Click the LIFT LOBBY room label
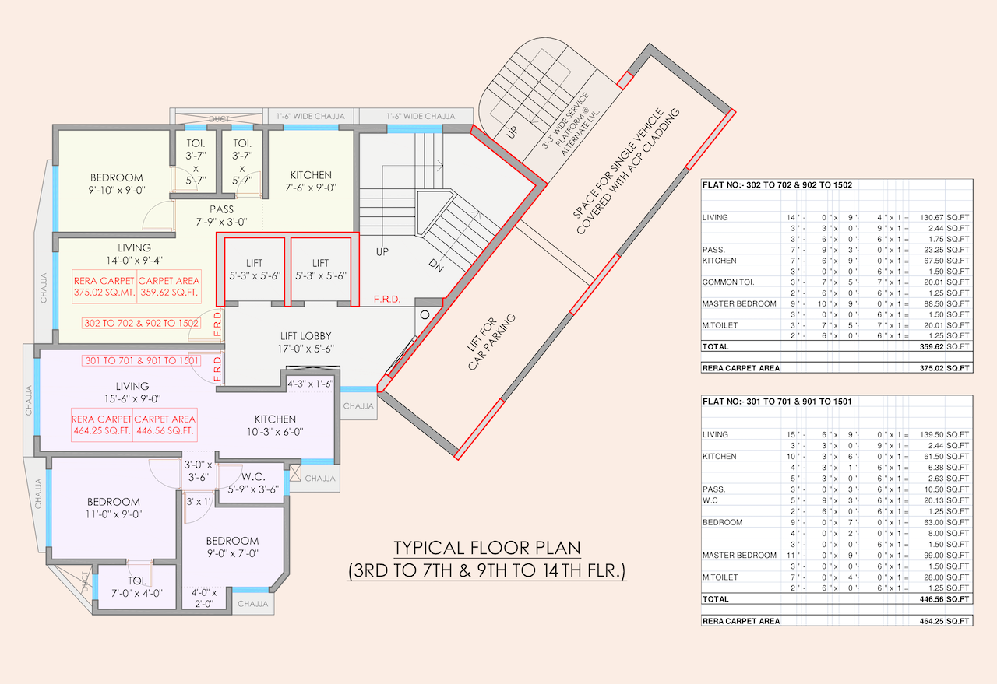(x=306, y=336)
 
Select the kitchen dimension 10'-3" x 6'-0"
(x=275, y=432)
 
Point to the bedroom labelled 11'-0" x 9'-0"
(x=114, y=507)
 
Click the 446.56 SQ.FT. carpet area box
(x=164, y=425)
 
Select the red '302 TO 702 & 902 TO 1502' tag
(x=141, y=323)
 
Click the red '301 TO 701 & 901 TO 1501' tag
(x=141, y=360)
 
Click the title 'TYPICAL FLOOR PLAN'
(x=487, y=548)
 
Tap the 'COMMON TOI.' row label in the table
(x=728, y=282)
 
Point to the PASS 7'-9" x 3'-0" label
(x=221, y=216)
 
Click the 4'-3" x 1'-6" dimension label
(x=310, y=384)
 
